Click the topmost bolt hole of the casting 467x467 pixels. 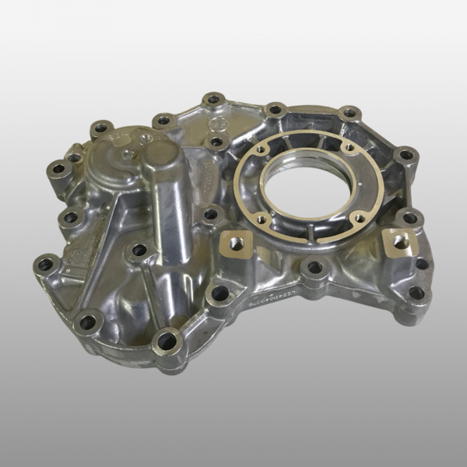[212, 100]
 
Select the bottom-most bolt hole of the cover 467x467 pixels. [167, 339]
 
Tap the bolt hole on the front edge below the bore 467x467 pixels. [314, 268]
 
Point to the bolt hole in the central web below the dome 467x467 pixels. [139, 250]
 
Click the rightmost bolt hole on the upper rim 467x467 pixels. [406, 155]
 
